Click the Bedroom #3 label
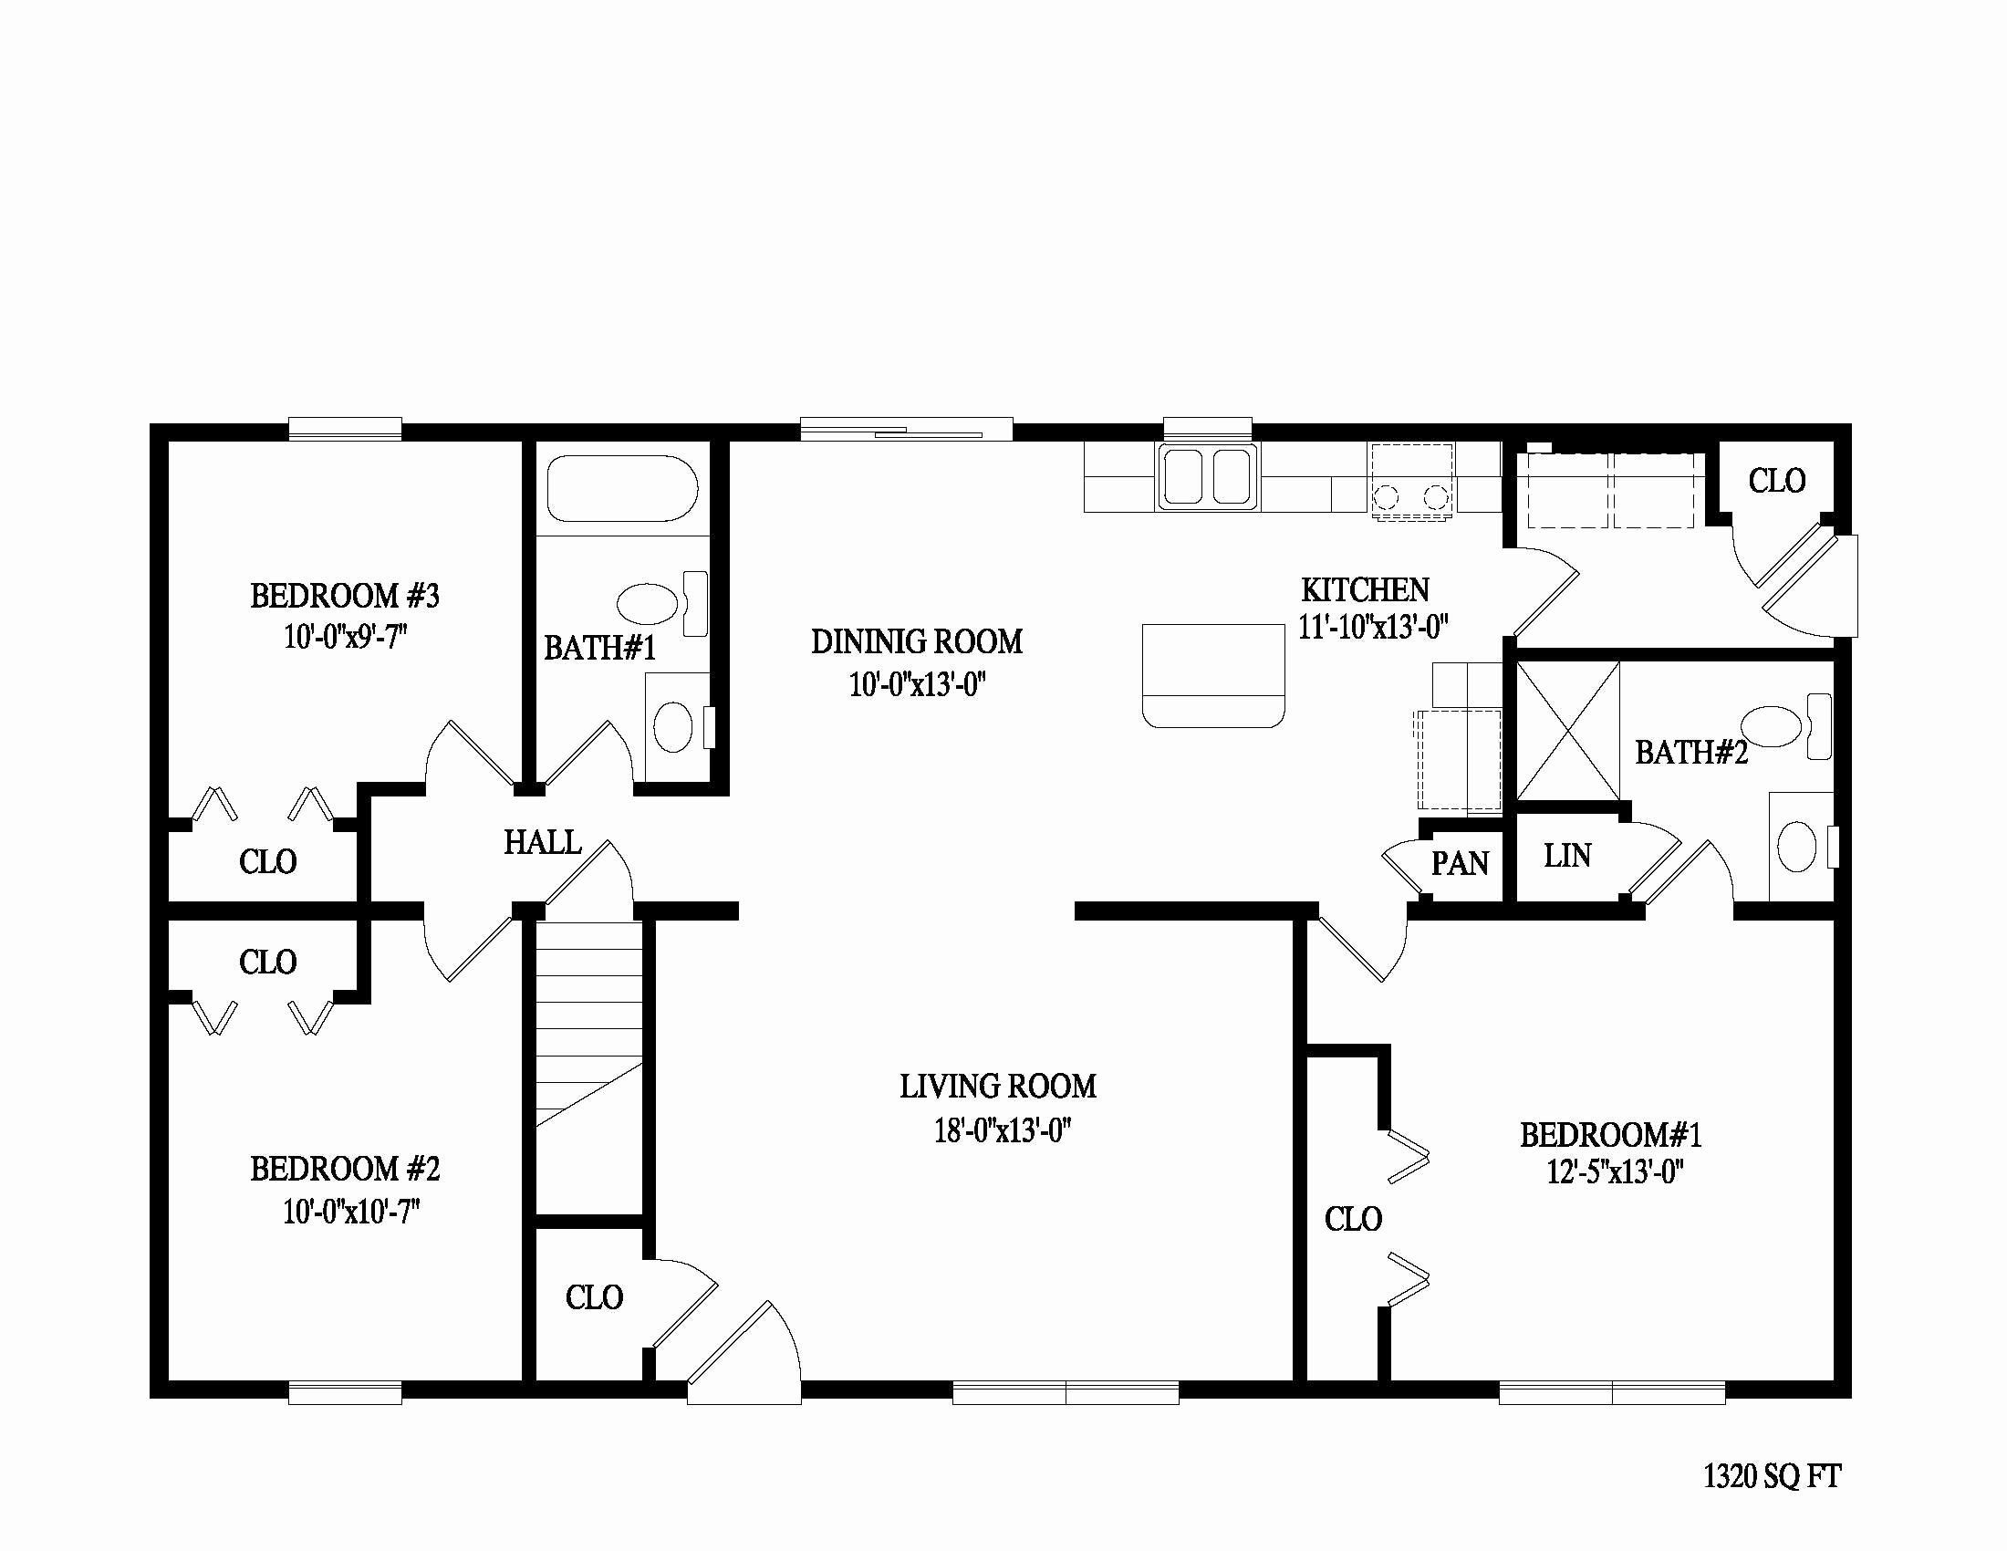click(345, 597)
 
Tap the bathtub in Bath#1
click(622, 489)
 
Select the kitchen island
click(1213, 675)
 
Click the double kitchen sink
click(1209, 476)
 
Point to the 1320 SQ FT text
click(1772, 1476)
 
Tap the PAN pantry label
click(1460, 863)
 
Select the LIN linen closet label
click(1566, 857)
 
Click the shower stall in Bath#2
click(1566, 732)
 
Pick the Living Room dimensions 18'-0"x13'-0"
click(1003, 1130)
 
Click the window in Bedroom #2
click(345, 1393)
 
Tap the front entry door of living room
click(744, 1355)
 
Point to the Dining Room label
click(916, 641)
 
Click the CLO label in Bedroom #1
click(1353, 1219)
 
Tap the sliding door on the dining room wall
click(906, 430)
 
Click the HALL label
click(542, 842)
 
